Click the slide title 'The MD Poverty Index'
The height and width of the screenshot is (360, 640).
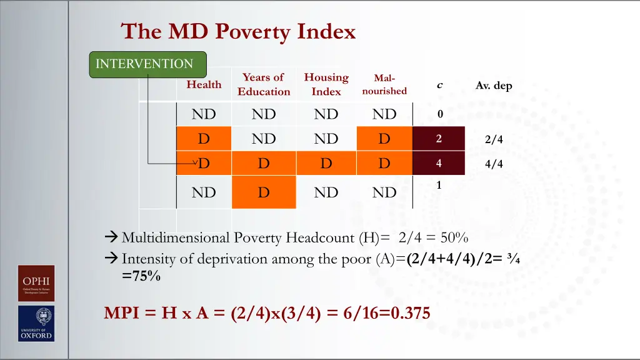tap(238, 31)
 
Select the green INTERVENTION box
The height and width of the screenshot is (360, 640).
tap(147, 64)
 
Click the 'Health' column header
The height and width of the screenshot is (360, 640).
tap(204, 84)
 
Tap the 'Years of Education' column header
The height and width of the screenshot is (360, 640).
tap(264, 84)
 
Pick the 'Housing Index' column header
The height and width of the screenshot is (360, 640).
tap(326, 84)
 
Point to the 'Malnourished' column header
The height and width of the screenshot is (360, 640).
tap(384, 84)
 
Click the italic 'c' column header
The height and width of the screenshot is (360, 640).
tap(439, 85)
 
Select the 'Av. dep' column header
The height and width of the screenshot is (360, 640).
tap(493, 86)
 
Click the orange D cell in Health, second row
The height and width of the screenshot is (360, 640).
tap(204, 139)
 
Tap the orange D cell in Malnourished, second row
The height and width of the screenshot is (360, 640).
tap(384, 139)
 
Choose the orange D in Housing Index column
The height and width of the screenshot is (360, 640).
tap(326, 164)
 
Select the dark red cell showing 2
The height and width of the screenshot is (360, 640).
tap(439, 139)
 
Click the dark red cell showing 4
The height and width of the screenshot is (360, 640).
tap(439, 164)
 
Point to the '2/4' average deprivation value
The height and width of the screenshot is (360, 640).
tap(493, 140)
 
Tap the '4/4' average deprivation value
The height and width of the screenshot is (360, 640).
tap(493, 164)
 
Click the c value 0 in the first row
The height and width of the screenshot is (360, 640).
tap(439, 114)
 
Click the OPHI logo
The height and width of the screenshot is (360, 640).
tap(36, 284)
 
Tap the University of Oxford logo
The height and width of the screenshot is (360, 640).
tap(36, 324)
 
